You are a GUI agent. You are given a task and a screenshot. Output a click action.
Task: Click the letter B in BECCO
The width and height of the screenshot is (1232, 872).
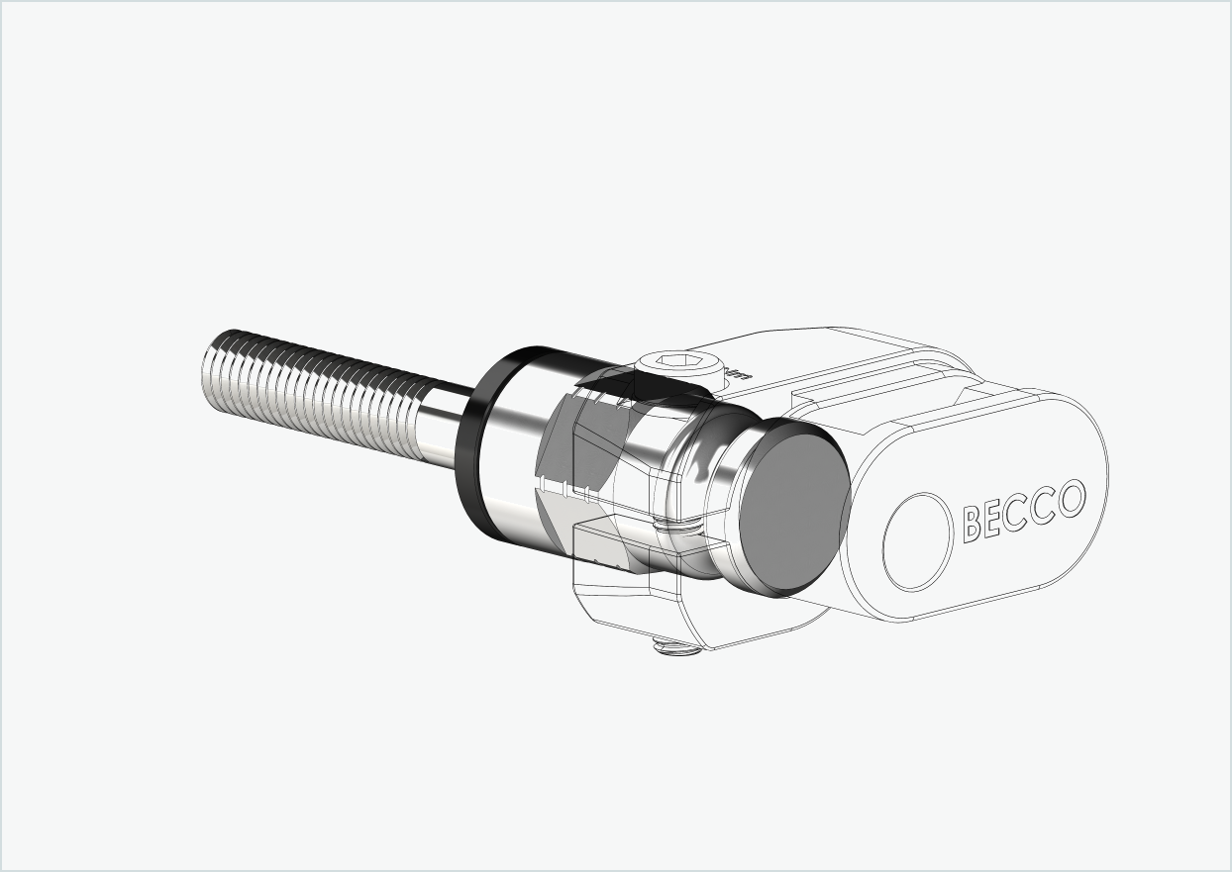point(973,524)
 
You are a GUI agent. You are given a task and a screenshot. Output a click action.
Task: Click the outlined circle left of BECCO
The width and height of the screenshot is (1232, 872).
point(917,541)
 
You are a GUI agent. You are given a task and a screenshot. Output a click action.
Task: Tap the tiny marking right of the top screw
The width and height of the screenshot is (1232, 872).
point(738,375)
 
